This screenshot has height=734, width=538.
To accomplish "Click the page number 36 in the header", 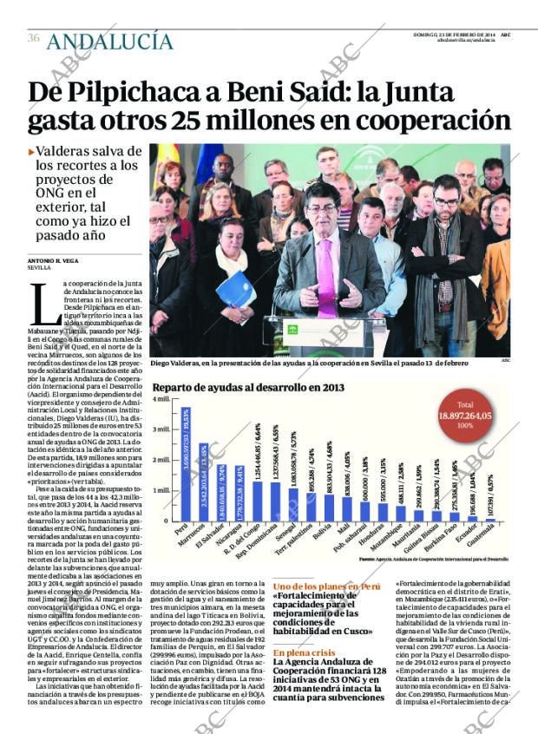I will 34,38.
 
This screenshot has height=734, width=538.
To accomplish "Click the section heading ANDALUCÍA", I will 110,41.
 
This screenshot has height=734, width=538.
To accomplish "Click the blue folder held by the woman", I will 236,290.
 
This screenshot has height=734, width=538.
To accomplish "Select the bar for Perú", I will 183,465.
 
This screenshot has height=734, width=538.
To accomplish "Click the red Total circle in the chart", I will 465,416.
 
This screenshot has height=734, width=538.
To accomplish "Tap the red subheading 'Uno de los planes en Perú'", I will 325,587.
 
